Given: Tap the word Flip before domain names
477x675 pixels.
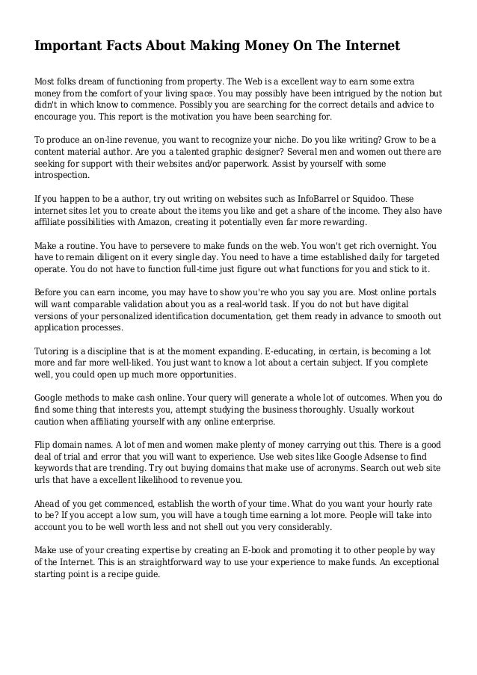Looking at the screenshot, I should tap(44, 444).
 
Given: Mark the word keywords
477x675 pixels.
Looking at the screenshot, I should tap(60, 468).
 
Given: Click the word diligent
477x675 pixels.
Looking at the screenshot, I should tap(113, 258).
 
